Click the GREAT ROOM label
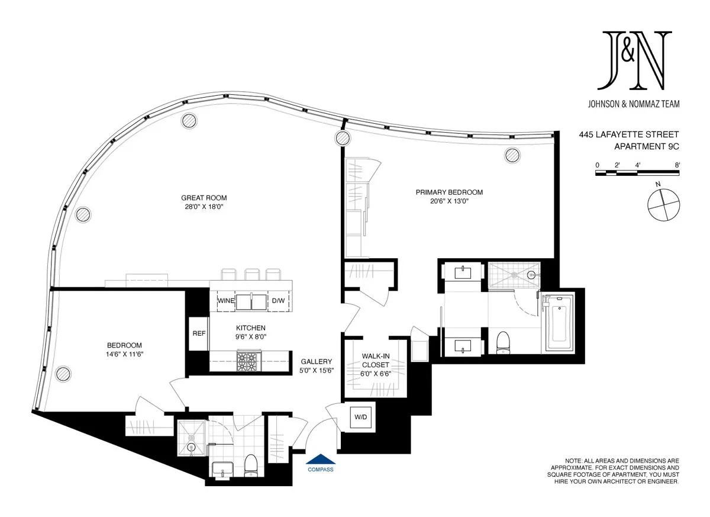click(x=204, y=198)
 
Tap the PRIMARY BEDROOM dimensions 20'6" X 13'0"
click(x=448, y=201)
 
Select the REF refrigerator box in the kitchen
click(x=199, y=333)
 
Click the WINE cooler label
click(x=226, y=301)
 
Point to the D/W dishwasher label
click(x=277, y=301)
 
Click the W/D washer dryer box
click(x=360, y=418)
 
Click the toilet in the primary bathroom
click(x=504, y=342)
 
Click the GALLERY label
click(x=317, y=362)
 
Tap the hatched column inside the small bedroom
click(x=61, y=374)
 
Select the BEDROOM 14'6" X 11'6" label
click(x=124, y=349)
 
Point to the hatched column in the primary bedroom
click(x=512, y=156)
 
